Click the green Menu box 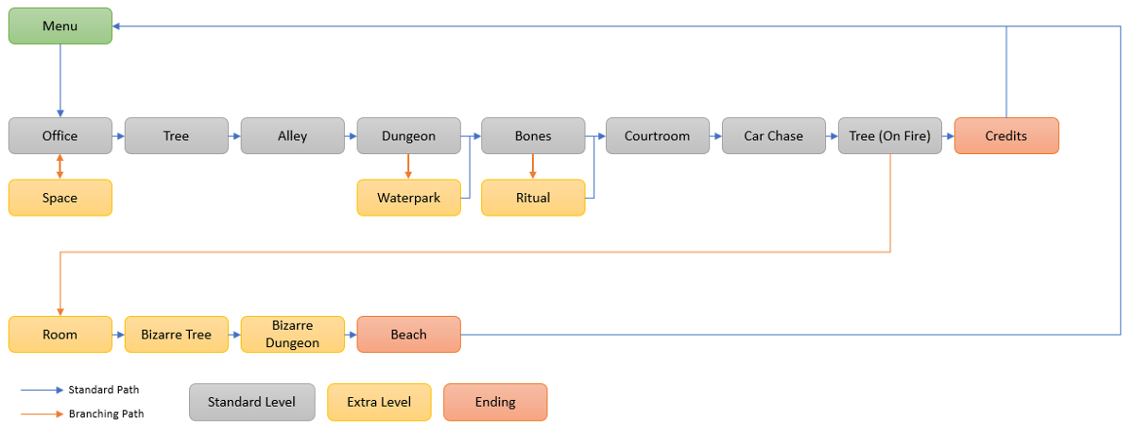coord(60,26)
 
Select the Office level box coord(60,136)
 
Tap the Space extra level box coord(60,198)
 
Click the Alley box coord(292,136)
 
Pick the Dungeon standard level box coord(408,136)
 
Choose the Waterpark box coord(408,198)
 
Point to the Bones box coord(533,136)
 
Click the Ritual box coord(533,198)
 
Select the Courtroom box coord(657,136)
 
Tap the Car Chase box coord(773,136)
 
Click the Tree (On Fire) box coord(889,136)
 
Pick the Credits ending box coord(1006,136)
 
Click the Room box coord(60,335)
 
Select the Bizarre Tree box coord(177,335)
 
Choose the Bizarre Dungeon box coord(292,335)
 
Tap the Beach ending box coord(408,335)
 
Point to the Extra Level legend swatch coord(379,402)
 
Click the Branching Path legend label coord(106,414)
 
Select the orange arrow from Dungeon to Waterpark coord(408,166)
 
